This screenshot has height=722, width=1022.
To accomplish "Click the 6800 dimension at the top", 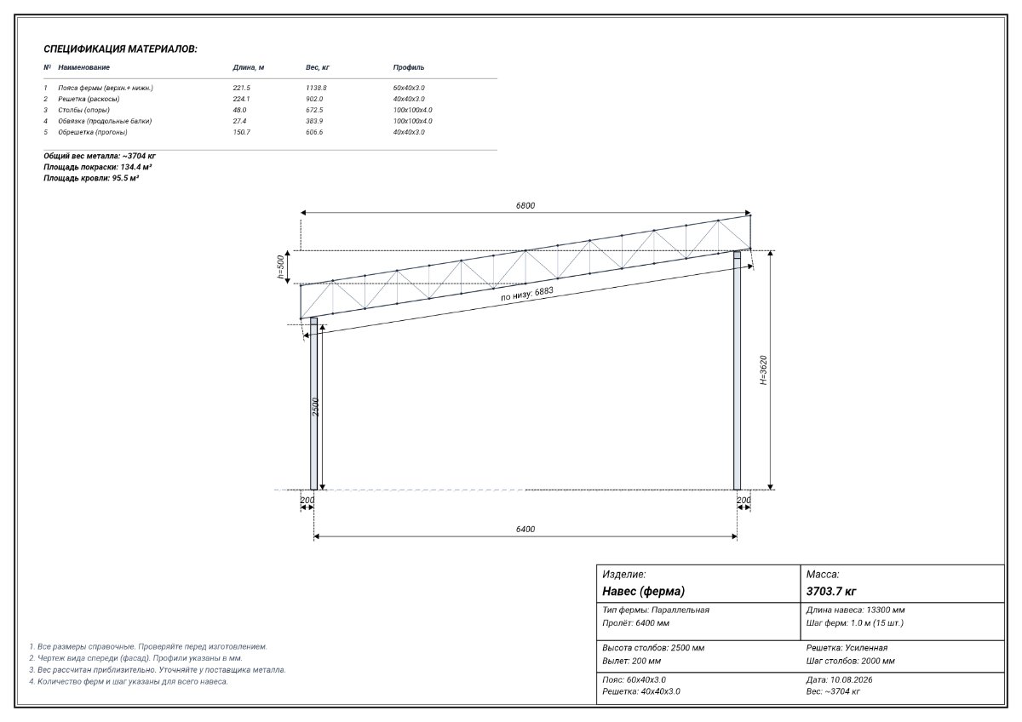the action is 525,206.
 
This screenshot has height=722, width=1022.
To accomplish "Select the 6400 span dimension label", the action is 525,529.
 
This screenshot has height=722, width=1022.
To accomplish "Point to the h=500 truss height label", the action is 280,266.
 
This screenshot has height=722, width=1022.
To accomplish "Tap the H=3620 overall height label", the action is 763,370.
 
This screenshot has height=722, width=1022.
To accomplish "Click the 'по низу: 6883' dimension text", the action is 527,295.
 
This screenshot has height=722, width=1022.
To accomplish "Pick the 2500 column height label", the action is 315,407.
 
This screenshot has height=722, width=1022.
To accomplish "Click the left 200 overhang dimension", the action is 307,501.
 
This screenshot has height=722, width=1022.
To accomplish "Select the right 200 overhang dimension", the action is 744,501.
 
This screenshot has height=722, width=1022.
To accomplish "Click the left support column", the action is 314,404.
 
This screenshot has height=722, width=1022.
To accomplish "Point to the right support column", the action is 737,370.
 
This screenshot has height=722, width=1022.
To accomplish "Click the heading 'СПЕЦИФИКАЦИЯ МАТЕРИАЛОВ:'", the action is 120,49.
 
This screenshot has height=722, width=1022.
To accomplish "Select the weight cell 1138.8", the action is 316,88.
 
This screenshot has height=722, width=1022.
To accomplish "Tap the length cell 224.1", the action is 241,99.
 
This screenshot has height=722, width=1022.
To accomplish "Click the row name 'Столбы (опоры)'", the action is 83,110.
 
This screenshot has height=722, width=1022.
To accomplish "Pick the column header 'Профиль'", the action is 408,67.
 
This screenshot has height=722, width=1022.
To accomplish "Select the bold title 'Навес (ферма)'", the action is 643,591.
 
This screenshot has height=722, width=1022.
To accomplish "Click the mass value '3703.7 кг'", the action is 831,591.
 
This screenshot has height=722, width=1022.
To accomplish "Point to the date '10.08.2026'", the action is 851,679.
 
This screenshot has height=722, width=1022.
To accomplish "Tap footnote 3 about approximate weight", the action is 158,670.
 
